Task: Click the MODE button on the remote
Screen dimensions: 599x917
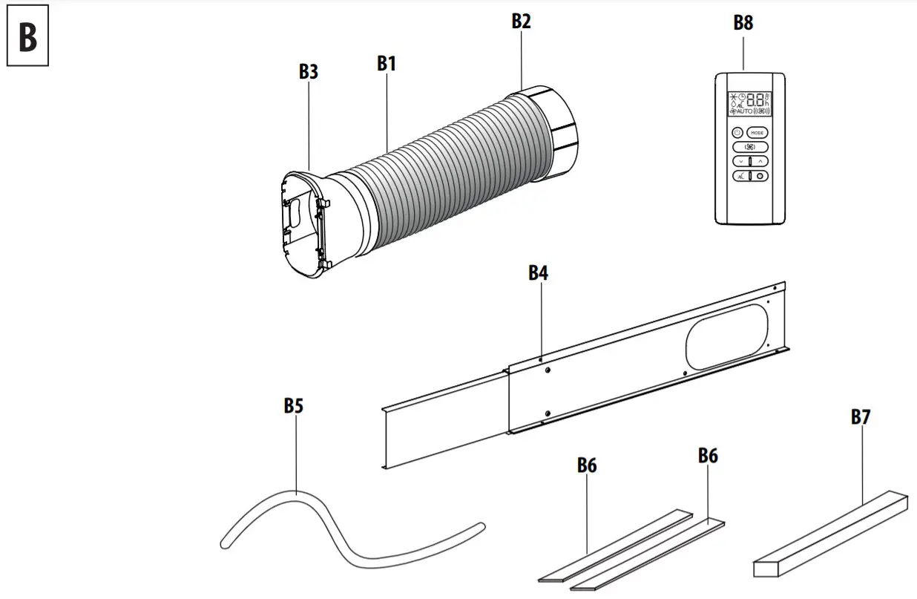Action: (x=757, y=132)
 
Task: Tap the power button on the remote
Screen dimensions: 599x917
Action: (x=737, y=132)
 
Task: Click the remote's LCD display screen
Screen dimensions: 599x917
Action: (x=750, y=104)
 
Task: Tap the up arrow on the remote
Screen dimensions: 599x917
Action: (x=760, y=160)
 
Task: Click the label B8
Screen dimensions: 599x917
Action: (x=743, y=22)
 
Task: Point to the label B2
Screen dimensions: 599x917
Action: (x=521, y=21)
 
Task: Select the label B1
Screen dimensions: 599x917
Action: (x=386, y=63)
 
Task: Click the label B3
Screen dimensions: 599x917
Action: (x=309, y=71)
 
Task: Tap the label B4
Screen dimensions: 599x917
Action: (x=538, y=272)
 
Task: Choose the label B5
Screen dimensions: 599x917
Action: (x=294, y=405)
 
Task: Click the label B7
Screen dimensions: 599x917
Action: (x=861, y=417)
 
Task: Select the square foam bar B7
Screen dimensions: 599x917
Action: (x=831, y=533)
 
